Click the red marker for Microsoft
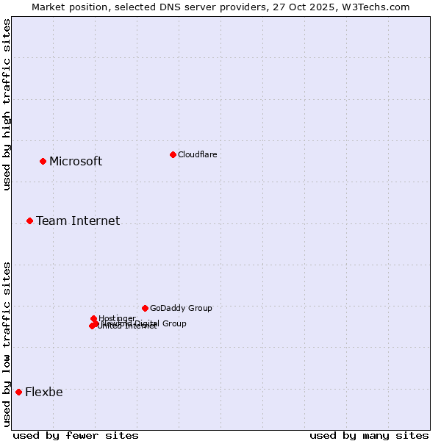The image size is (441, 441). tap(43, 161)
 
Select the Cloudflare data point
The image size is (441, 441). tap(173, 154)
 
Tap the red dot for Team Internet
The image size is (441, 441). tap(29, 220)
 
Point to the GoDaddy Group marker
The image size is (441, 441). tap(145, 308)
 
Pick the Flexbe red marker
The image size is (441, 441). tap(18, 392)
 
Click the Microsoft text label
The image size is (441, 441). tap(76, 162)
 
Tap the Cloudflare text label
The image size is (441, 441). tap(198, 154)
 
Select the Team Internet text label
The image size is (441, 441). tap(78, 220)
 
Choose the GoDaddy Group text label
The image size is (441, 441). tap(181, 308)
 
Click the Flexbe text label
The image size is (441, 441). tap(44, 392)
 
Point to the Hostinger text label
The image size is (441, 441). tap(117, 318)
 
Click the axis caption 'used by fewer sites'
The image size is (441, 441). tap(76, 435)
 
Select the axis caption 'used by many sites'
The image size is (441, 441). tap(369, 435)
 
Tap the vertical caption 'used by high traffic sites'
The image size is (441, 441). tap(7, 104)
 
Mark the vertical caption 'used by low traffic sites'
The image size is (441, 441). tap(7, 343)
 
